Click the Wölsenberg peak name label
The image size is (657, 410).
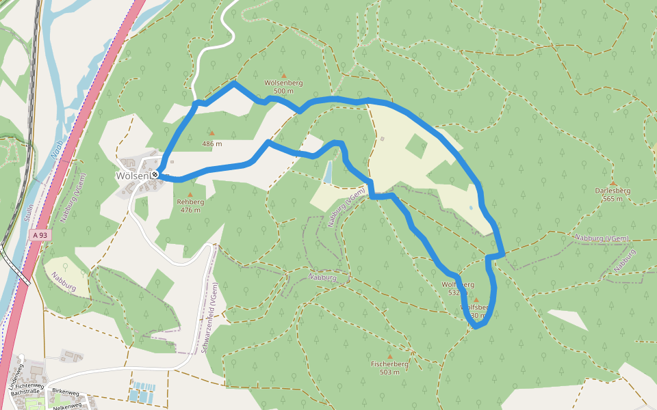tap(283, 83)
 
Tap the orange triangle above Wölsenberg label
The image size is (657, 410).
tap(283, 75)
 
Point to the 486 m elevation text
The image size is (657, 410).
tap(212, 144)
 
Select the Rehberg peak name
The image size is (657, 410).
tap(190, 202)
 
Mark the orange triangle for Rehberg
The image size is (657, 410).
tap(190, 195)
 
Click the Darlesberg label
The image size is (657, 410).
tap(613, 191)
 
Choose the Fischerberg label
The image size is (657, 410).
tap(389, 364)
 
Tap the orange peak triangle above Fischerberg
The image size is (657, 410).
tap(390, 357)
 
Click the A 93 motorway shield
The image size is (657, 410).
tap(40, 234)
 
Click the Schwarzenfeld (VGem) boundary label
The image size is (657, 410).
tap(210, 318)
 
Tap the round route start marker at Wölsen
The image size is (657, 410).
tap(155, 175)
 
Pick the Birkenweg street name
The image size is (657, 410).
tap(66, 393)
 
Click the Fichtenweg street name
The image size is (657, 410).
tap(31, 386)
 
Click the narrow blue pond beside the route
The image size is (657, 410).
tap(328, 173)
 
